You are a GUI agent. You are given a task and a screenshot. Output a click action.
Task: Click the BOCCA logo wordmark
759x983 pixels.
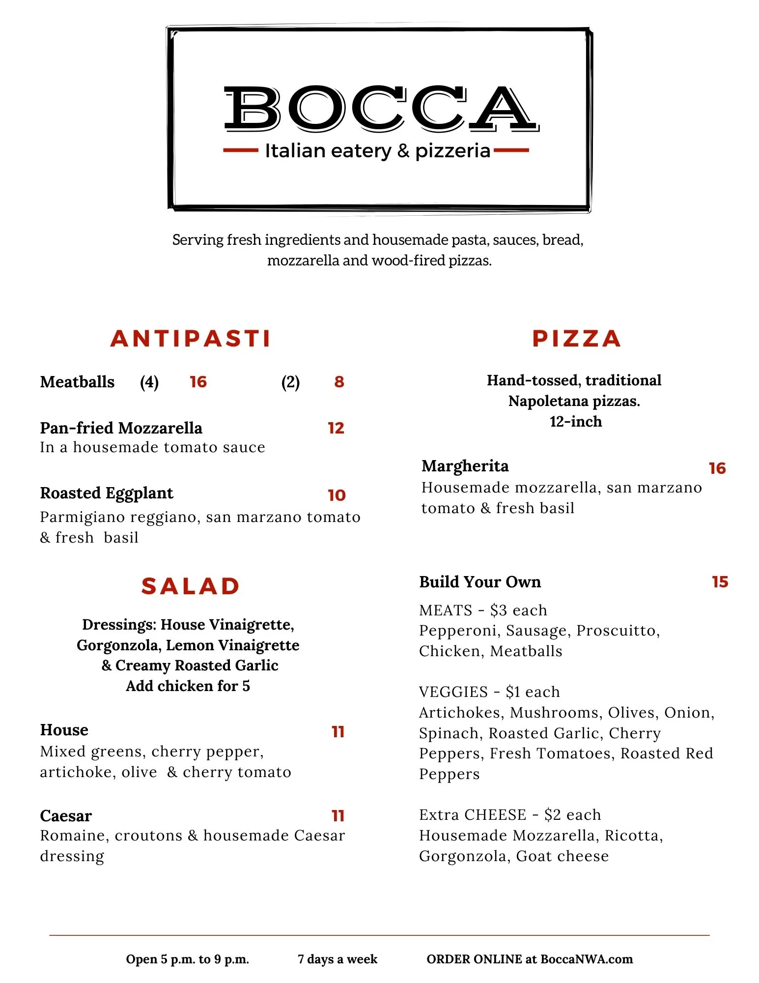[381, 109]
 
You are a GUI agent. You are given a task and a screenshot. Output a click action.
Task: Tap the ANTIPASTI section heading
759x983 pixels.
[191, 339]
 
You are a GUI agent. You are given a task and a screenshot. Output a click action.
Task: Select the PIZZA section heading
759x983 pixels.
[576, 339]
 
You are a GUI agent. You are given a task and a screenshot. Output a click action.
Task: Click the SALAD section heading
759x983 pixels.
[191, 586]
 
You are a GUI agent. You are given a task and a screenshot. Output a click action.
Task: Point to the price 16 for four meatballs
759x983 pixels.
[198, 382]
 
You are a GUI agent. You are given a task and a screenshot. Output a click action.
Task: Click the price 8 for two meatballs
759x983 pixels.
[339, 382]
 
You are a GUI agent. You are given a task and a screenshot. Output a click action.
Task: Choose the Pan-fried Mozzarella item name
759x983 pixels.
[121, 428]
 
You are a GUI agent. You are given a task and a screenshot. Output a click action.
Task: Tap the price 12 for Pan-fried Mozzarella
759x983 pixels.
[336, 428]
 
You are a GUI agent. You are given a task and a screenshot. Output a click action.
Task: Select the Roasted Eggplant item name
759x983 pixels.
[107, 493]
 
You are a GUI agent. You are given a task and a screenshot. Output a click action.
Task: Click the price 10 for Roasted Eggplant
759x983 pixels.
[337, 495]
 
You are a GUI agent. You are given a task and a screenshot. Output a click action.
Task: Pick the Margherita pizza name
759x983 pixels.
[465, 466]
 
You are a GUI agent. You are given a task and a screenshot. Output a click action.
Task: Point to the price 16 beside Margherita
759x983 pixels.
[717, 468]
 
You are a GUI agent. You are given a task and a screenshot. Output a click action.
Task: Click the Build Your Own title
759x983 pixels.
[480, 582]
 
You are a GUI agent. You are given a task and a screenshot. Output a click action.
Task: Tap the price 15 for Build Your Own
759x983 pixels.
[720, 582]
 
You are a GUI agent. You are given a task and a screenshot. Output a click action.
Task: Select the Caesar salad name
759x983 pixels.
[66, 816]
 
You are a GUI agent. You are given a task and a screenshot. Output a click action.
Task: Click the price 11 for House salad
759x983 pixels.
[338, 732]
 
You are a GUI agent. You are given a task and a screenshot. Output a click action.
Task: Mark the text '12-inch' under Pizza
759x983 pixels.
[576, 422]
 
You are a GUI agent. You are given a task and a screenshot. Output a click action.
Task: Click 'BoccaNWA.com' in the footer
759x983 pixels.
[587, 959]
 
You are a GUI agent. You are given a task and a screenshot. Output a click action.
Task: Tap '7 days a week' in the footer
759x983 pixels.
[337, 959]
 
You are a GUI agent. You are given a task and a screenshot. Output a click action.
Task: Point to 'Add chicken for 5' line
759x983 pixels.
[188, 686]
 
